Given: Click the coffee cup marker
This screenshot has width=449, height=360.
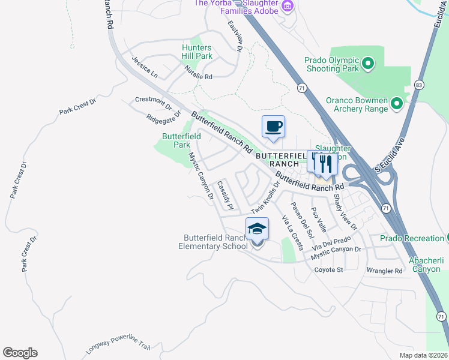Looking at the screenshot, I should pos(273,127).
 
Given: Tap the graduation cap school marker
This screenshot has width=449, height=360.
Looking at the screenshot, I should pos(257,229).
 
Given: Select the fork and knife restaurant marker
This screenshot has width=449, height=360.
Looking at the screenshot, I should pos(325,163).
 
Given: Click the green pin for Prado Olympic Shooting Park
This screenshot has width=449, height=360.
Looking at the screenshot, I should pos(368,62).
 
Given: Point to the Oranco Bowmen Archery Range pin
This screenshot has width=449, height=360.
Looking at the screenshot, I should pos(396,104).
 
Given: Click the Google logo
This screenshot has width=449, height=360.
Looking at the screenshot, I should pos(20,352).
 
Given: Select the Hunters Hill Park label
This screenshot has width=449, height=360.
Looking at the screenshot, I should pos(197,52).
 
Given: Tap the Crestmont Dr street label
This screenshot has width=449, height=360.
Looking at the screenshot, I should pos(149,99).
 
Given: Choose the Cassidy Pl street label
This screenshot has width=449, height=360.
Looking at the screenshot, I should pos(224,195).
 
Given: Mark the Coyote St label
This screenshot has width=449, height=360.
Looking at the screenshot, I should pos(328,270).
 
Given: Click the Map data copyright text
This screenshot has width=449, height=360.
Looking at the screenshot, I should pos(423,355).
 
